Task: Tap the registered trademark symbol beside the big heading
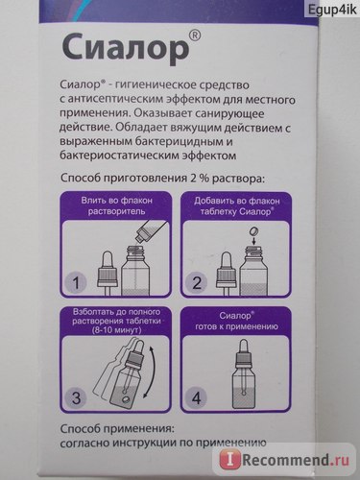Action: [x=195, y=36]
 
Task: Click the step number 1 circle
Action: [x=76, y=283]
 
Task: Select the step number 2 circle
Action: [x=196, y=283]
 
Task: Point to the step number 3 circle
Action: [x=76, y=398]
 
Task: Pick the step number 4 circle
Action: [x=196, y=398]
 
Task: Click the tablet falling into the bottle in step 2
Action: [x=254, y=231]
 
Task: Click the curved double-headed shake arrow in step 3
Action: [x=150, y=372]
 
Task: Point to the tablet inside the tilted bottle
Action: [x=126, y=400]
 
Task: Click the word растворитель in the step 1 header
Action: [x=116, y=211]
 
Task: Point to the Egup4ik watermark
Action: [x=332, y=10]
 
